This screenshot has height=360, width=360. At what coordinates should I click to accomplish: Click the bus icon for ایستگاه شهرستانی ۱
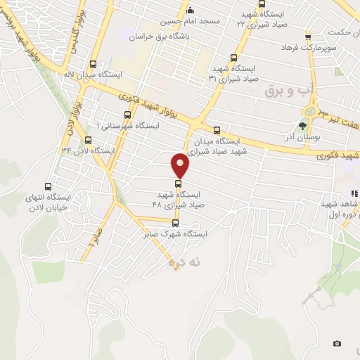(x=127, y=115)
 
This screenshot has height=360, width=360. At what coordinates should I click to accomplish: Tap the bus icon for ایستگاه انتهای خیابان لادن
(x=48, y=186)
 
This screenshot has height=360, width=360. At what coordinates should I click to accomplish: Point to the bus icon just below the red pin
(x=177, y=184)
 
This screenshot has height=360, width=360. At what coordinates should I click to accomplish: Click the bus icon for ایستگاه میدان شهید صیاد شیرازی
(x=217, y=129)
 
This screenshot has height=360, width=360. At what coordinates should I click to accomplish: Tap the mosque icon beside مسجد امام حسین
(x=189, y=11)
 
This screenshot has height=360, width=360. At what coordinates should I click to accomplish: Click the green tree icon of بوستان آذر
(x=303, y=127)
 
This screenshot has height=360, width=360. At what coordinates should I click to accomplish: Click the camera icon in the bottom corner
(x=337, y=343)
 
